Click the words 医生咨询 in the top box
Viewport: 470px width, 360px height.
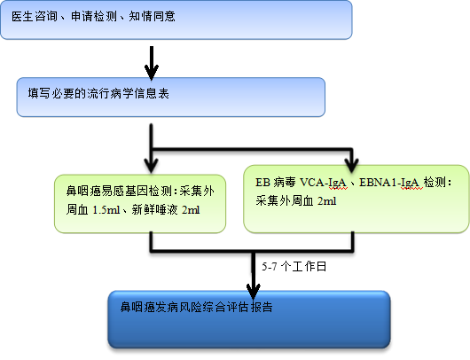[x=35, y=16]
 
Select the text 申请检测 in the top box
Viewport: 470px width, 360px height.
[x=94, y=16]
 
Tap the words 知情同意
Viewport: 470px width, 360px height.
[x=152, y=16]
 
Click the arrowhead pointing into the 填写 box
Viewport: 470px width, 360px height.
[x=152, y=72]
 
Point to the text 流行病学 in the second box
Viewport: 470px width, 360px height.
[x=110, y=93]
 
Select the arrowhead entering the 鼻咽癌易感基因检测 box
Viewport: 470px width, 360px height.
[x=152, y=165]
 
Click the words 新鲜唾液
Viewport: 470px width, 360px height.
[x=154, y=210]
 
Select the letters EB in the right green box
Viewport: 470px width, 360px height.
[x=262, y=183]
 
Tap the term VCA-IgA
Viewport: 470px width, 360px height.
[x=323, y=183]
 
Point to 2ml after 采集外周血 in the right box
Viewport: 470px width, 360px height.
[x=326, y=201]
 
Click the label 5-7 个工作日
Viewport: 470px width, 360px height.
[x=294, y=267]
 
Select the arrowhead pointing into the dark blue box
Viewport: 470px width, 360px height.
[x=254, y=291]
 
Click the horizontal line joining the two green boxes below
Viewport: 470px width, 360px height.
[x=252, y=250]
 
